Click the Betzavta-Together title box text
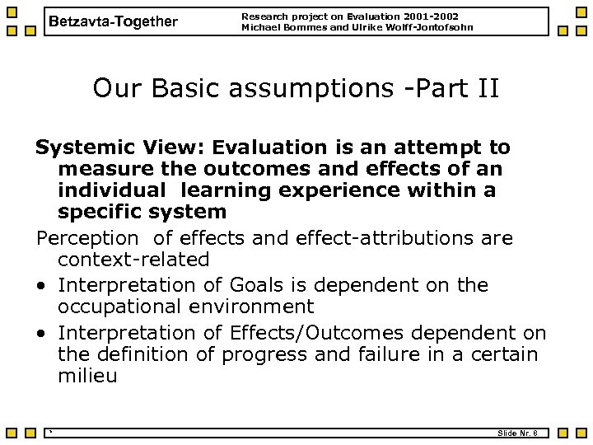(113, 21)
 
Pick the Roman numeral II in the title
(485, 87)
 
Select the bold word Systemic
(81, 148)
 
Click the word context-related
(133, 260)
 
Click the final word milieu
(87, 377)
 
